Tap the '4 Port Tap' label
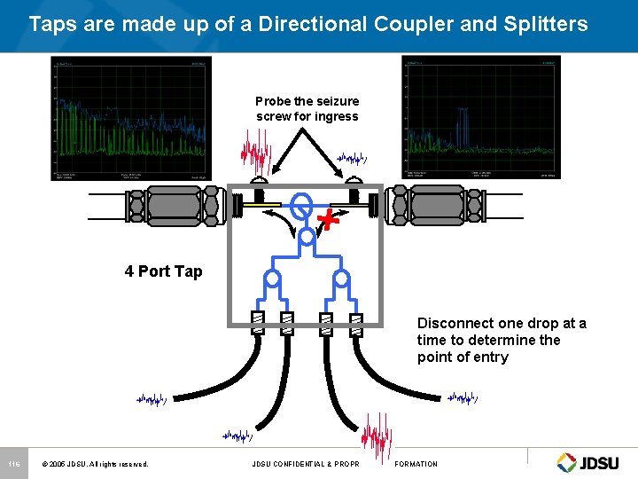pyautogui.click(x=163, y=271)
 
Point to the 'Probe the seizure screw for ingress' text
pyautogui.click(x=307, y=109)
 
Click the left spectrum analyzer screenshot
pyautogui.click(x=131, y=118)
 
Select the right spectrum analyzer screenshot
pyautogui.click(x=481, y=118)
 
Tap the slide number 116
pyautogui.click(x=13, y=464)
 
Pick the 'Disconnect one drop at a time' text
pyautogui.click(x=502, y=340)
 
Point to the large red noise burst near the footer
pyautogui.click(x=378, y=437)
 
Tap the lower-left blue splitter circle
pyautogui.click(x=273, y=278)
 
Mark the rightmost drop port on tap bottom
pyautogui.click(x=356, y=324)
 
